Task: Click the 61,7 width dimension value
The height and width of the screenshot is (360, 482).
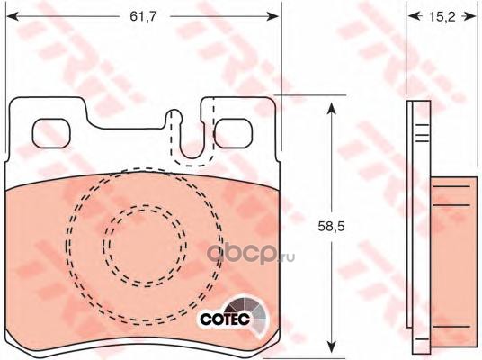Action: click(x=143, y=16)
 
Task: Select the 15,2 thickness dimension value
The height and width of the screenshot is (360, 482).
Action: click(x=442, y=17)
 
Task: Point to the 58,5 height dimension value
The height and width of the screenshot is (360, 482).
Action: click(x=331, y=227)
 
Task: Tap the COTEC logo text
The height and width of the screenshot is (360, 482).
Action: click(x=225, y=319)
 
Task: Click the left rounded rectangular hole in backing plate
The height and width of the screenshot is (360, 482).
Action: click(x=51, y=133)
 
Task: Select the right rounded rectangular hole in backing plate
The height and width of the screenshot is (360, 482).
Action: click(x=234, y=133)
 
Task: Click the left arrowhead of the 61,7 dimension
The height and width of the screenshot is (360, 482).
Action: click(x=12, y=16)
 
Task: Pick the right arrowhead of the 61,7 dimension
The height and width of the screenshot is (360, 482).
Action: click(x=272, y=16)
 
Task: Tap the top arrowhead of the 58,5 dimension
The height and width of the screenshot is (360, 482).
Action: click(x=331, y=109)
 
